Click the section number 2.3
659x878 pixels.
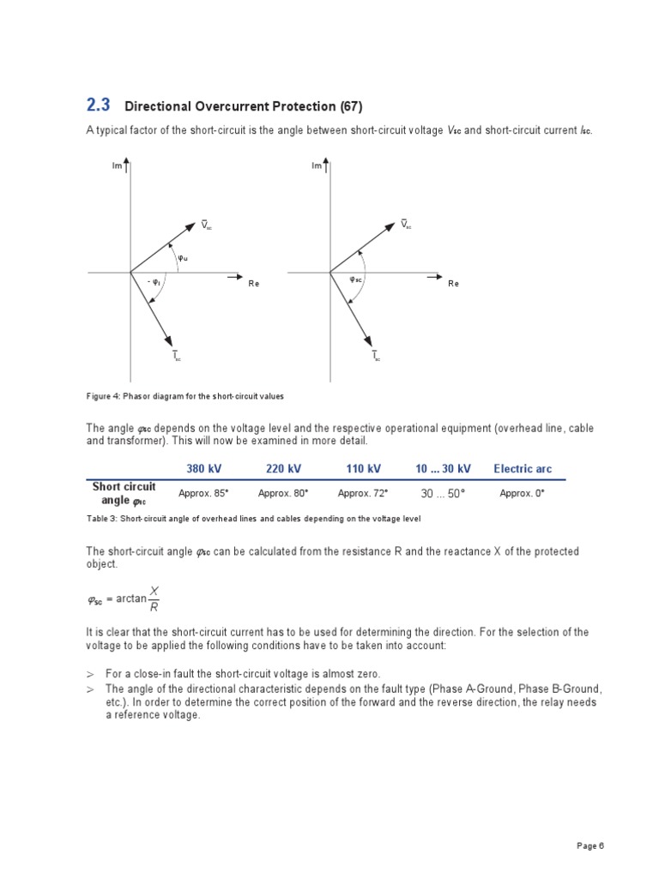(x=99, y=105)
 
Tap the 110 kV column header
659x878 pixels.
(x=363, y=468)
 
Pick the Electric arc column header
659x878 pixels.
(x=523, y=468)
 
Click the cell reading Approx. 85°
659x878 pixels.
(x=203, y=494)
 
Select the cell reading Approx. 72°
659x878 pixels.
(x=363, y=494)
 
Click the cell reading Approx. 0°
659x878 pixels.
(x=522, y=494)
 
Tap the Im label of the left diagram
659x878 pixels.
(x=118, y=165)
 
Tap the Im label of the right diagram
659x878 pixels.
(x=317, y=165)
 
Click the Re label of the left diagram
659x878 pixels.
(x=253, y=284)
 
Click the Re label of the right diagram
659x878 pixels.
(x=453, y=284)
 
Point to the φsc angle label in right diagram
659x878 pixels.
(x=356, y=280)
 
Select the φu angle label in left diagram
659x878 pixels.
(x=183, y=257)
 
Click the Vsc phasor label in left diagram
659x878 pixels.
(x=206, y=225)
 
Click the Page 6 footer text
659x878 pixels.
(x=590, y=845)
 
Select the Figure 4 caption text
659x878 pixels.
(x=184, y=396)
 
